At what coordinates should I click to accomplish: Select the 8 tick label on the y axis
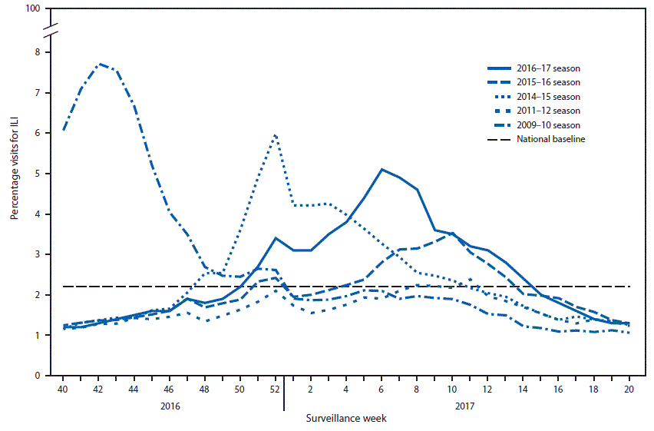36,52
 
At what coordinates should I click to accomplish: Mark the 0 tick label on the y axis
36,376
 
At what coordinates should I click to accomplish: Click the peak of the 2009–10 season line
100,64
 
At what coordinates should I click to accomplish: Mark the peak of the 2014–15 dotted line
275,135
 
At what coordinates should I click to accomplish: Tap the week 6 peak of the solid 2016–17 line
381,169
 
